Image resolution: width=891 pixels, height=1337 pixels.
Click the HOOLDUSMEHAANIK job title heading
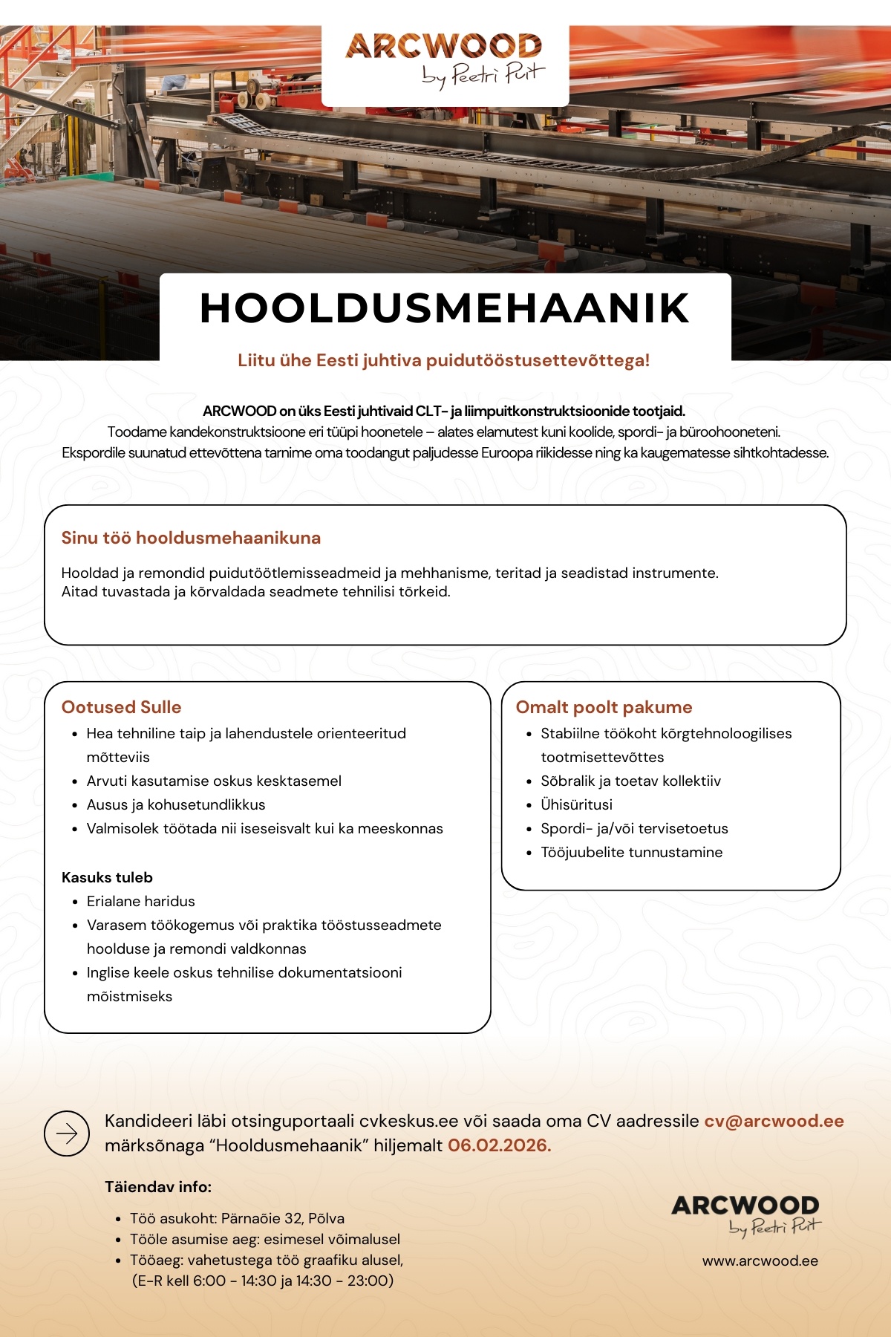pos(445,308)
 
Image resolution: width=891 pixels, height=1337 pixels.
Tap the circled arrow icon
pos(67,1133)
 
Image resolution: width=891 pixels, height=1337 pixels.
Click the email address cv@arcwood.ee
pos(774,1121)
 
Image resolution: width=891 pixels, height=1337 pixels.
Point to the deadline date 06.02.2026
pos(499,1145)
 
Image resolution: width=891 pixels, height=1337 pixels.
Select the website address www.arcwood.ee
pos(760,1260)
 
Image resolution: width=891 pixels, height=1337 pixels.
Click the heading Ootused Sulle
pos(121,707)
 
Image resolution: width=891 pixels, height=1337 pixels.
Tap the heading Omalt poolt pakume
pos(604,707)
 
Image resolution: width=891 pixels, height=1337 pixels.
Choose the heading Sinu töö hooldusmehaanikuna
pos(191,538)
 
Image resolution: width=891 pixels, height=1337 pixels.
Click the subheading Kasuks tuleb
pos(107,877)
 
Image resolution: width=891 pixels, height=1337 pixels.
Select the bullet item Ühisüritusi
pos(576,804)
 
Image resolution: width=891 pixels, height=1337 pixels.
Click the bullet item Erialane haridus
pos(140,901)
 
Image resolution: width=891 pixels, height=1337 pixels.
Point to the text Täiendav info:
pos(158,1187)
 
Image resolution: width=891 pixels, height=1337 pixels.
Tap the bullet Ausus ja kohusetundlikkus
pos(176,804)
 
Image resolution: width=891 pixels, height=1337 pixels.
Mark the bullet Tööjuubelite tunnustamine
pos(631,852)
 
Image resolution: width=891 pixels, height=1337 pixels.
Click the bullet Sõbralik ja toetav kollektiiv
pos(630,781)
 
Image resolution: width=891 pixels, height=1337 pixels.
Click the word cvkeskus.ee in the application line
pos(408,1121)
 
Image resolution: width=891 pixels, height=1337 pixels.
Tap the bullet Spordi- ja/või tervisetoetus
pos(634,828)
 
